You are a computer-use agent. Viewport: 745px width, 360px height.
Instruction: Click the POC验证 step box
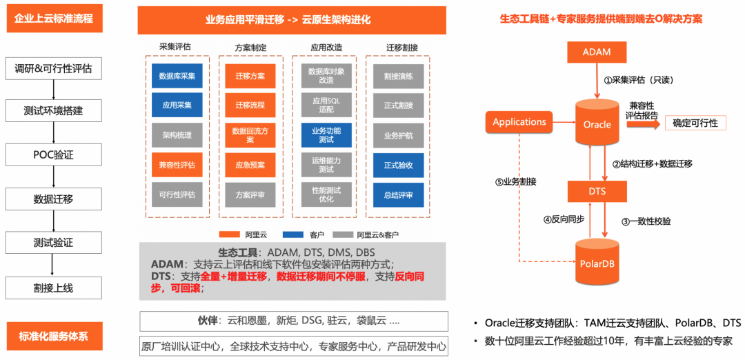(x=53, y=155)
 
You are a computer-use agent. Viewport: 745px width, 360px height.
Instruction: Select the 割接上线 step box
(x=53, y=288)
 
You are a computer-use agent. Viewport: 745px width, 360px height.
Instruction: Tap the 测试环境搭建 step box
(x=53, y=111)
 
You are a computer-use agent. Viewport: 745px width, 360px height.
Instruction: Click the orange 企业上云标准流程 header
(x=54, y=19)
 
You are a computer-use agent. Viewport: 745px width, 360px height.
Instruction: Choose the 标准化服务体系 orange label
(x=54, y=337)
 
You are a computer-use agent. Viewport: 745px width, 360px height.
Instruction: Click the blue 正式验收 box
(x=399, y=165)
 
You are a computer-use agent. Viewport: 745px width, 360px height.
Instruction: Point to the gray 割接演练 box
(x=399, y=76)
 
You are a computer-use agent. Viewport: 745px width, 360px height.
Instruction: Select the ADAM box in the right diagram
(x=596, y=52)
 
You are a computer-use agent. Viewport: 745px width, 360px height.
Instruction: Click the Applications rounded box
(x=519, y=122)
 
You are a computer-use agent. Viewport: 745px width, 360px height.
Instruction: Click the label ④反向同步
(x=564, y=220)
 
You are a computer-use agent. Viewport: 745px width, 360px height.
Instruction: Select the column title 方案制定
(x=250, y=48)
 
